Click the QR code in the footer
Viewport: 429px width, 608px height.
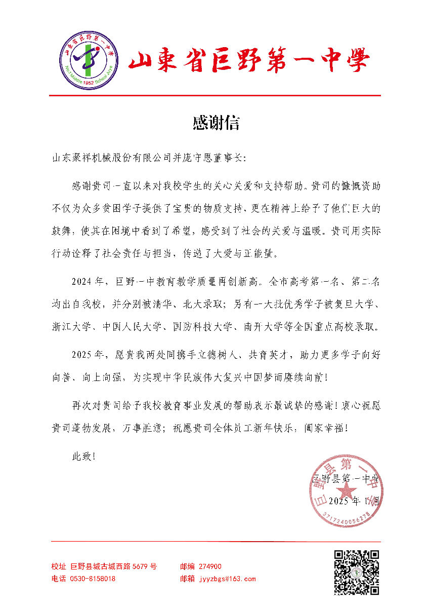(357, 572)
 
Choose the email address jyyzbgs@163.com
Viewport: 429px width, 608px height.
(227, 579)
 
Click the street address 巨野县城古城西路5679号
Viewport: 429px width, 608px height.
(114, 566)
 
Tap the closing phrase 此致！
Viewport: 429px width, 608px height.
(84, 456)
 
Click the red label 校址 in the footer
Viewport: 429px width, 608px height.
(59, 566)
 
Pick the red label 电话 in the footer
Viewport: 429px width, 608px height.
(59, 579)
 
